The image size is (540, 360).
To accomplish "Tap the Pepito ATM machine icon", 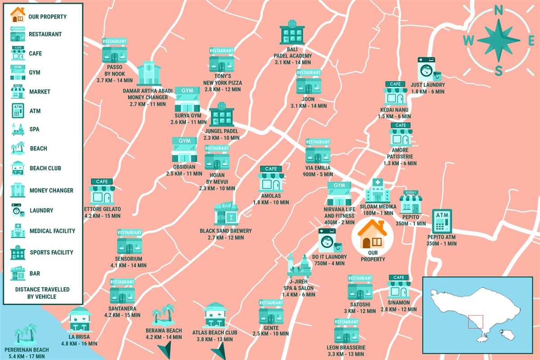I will (x=441, y=221).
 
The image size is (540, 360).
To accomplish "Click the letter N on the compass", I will (x=498, y=11).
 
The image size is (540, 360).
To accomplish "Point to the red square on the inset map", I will (x=475, y=322).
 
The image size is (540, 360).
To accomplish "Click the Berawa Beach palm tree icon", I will (x=163, y=314).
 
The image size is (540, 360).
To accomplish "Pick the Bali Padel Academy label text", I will (x=292, y=55).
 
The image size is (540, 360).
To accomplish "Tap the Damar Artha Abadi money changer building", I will (x=148, y=74).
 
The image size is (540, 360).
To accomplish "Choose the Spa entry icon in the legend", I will (x=18, y=129).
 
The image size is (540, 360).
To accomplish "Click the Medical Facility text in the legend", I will (x=52, y=231).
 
